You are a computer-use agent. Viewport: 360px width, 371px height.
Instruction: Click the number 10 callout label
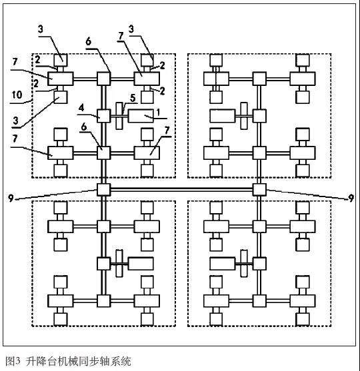pos(17,95)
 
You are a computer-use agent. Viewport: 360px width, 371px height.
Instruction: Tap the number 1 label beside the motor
pos(159,112)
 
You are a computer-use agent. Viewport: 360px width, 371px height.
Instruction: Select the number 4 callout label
pos(81,108)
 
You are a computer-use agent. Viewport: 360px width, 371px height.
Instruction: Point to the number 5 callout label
pos(133,98)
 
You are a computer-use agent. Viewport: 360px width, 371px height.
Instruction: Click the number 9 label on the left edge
pos(11,198)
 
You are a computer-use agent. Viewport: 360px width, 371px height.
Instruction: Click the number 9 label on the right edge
pos(351,198)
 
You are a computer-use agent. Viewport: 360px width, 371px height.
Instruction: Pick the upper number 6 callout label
pos(88,41)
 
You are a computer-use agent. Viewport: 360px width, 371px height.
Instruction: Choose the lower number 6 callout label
pos(84,127)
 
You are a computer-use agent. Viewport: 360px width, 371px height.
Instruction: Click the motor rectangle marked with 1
pos(141,116)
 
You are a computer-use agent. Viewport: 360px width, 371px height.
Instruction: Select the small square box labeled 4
pos(104,116)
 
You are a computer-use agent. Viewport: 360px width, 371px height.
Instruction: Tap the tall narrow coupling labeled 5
pos(119,116)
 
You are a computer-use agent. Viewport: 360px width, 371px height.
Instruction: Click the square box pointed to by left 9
pos(104,190)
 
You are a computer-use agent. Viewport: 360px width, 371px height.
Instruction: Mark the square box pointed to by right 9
pos(259,190)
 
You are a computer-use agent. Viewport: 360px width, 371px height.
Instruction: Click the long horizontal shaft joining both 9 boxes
pos(181,189)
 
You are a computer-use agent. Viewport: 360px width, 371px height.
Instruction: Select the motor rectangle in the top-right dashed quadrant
pos(223,116)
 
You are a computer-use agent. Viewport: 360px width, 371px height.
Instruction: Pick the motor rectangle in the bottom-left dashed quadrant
pos(141,264)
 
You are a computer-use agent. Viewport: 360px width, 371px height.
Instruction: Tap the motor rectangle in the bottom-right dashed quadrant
pos(223,264)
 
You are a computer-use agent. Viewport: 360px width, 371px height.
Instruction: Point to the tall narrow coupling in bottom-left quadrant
pos(119,263)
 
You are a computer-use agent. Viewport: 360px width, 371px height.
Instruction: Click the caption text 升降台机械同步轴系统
pos(79,361)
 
